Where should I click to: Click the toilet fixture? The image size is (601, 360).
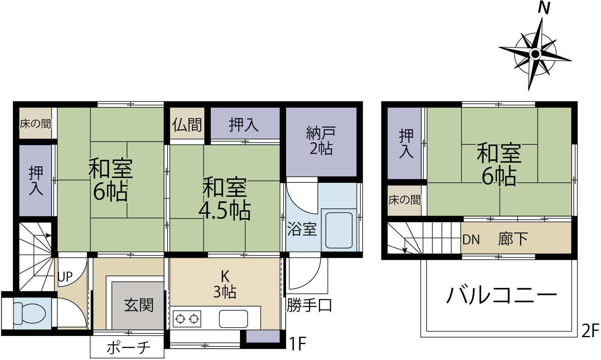click(30, 313)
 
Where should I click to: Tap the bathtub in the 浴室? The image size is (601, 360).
click(339, 230)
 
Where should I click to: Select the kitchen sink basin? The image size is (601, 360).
click(234, 319)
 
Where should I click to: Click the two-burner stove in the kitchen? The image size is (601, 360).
click(187, 319)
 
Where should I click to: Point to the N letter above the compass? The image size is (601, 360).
click(544, 8)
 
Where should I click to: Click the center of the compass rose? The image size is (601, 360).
click(536, 54)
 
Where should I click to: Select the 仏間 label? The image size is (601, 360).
click(187, 125)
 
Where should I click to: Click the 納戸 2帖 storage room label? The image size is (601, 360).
click(321, 141)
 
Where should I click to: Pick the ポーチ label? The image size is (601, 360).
click(128, 348)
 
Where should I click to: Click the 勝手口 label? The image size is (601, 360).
click(309, 305)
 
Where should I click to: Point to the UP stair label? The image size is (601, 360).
click(65, 277)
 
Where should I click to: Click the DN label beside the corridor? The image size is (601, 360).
click(471, 240)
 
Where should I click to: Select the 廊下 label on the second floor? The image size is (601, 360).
click(513, 239)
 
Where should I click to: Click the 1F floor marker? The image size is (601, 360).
click(298, 344)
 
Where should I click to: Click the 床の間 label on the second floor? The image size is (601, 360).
click(404, 200)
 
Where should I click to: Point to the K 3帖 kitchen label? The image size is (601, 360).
click(225, 285)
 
